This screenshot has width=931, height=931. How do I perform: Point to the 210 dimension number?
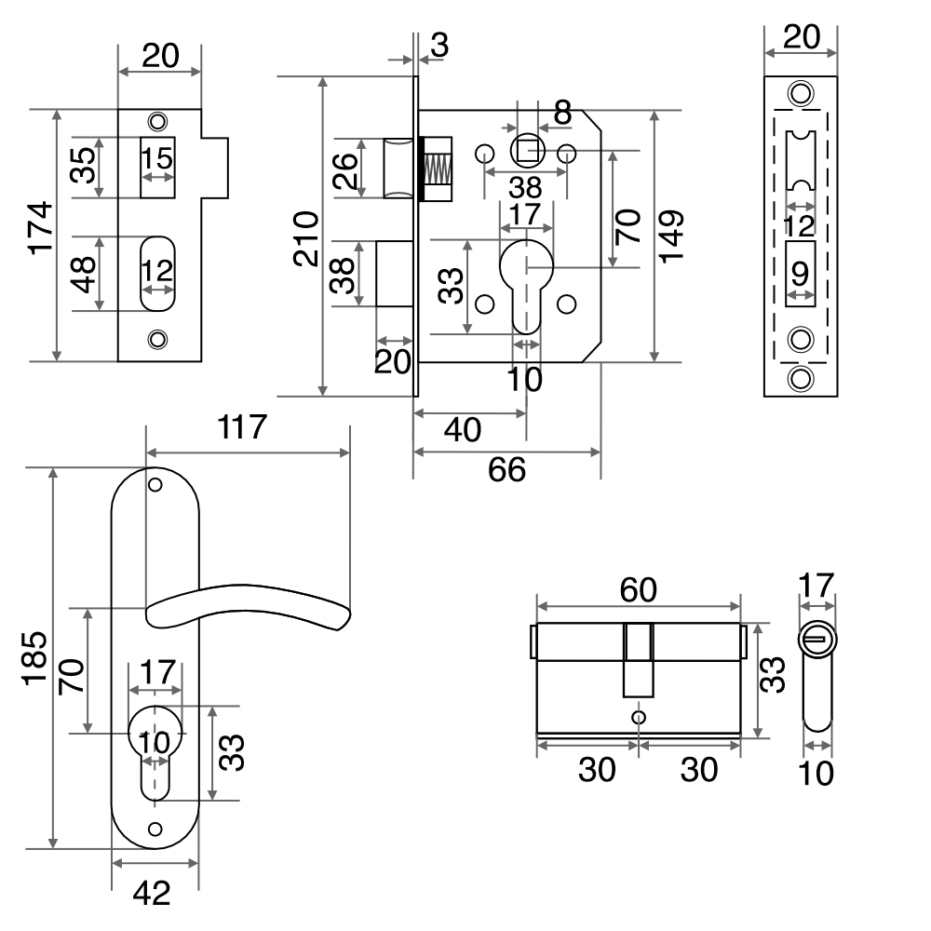306,238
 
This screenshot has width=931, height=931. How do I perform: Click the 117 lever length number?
242,428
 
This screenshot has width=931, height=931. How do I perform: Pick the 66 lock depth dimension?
507,470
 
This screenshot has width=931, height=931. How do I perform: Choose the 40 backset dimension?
463,430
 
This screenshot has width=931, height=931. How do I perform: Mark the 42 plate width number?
152,894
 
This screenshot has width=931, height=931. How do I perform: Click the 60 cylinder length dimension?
639,589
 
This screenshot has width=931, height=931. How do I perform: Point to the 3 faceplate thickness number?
439,45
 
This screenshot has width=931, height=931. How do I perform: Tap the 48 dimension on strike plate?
85,274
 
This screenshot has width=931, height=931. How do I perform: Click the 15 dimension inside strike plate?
157,158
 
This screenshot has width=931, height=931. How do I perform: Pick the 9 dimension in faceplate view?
800,274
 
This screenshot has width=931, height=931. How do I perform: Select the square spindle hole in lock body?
528,150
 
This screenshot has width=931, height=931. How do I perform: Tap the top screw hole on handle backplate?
155,485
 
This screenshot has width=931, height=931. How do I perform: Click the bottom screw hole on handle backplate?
155,829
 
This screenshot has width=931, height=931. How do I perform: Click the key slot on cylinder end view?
816,640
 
